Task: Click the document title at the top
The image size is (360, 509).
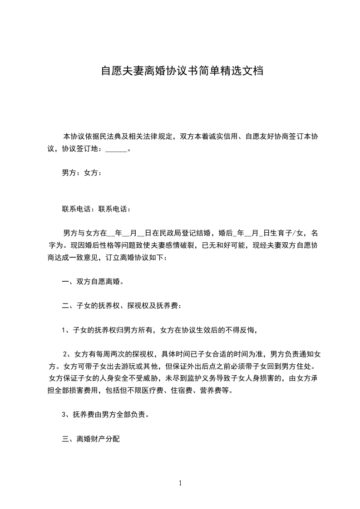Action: (x=182, y=71)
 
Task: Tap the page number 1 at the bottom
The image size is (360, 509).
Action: (x=180, y=483)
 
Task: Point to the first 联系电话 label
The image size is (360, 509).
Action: (x=77, y=209)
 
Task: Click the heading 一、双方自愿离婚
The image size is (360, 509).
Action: (x=93, y=281)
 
